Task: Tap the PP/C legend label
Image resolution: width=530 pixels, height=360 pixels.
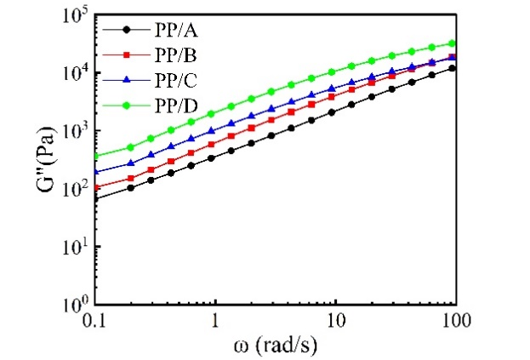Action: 177,79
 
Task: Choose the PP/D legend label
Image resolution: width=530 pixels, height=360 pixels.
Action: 177,105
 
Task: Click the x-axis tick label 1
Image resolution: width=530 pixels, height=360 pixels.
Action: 215,319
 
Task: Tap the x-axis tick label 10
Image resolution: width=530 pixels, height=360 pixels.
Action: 336,319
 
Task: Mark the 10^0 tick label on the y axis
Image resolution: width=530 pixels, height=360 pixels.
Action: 74,304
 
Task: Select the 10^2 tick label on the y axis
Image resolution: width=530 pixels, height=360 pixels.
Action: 74,189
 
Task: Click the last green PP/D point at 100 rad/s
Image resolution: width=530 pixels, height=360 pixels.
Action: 453,43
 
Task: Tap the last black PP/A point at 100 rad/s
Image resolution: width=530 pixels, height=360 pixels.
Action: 453,68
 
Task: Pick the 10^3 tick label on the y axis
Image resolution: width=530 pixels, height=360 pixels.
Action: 74,131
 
